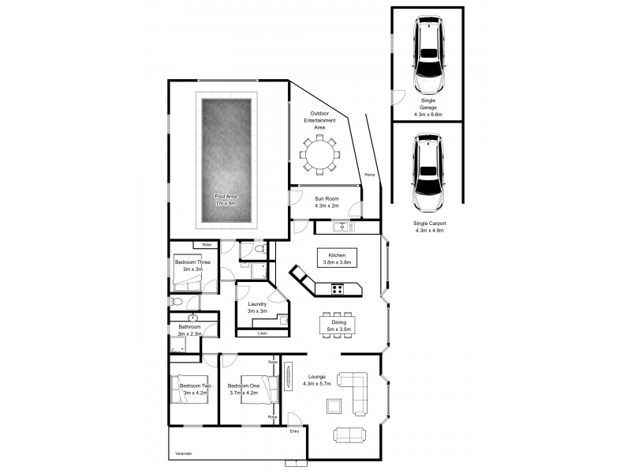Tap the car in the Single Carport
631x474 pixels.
coord(427,175)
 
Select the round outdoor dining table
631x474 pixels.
coord(319,154)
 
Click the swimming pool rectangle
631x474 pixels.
coord(227,160)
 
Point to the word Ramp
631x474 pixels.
coord(369,175)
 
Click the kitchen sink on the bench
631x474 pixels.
coord(342,228)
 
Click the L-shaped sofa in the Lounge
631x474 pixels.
coord(355,391)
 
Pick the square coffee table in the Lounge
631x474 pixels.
coord(334,406)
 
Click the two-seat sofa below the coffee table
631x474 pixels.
coord(349,434)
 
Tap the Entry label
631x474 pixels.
coord(295,431)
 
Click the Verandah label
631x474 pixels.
coord(184,453)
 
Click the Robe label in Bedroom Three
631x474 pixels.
coord(207,245)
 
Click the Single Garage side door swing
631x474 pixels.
coord(399,98)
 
